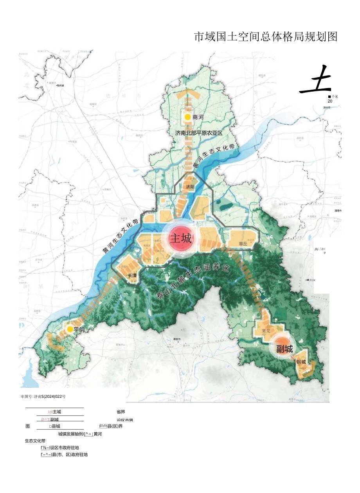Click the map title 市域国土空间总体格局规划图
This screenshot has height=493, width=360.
pyautogui.click(x=266, y=37)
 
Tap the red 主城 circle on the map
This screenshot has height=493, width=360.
pyautogui.click(x=180, y=238)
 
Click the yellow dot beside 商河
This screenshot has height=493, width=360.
pyautogui.click(x=188, y=117)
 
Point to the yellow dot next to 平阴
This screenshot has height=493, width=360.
pyautogui.click(x=70, y=329)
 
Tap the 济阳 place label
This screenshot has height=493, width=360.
pyautogui.click(x=190, y=187)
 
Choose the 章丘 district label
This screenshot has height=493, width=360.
pyautogui.click(x=243, y=244)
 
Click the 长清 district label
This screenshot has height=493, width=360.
pyautogui.click(x=133, y=276)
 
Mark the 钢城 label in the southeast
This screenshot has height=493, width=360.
pyautogui.click(x=301, y=362)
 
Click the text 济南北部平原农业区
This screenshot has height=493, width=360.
pyautogui.click(x=199, y=133)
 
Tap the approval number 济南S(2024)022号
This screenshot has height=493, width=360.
pyautogui.click(x=43, y=396)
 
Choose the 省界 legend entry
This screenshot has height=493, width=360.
pyautogui.click(x=121, y=412)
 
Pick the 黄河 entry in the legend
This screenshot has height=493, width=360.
pyautogui.click(x=98, y=433)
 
